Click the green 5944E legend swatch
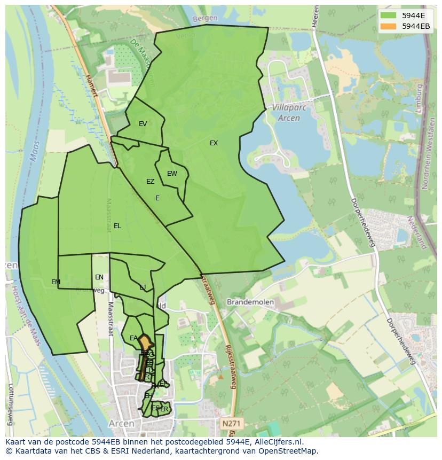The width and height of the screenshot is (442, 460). [x=389, y=15]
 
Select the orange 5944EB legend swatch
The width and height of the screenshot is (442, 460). [x=389, y=26]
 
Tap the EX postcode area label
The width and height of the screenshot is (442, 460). [x=214, y=143]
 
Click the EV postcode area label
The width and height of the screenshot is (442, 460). [x=143, y=124]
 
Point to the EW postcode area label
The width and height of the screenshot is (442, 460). [x=172, y=174]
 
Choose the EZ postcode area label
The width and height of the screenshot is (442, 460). [x=150, y=182]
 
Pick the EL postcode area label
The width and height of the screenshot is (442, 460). [x=117, y=226]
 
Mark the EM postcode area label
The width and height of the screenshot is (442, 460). [x=56, y=282]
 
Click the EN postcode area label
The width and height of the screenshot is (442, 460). [x=99, y=277]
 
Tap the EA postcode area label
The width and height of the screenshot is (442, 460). [x=133, y=338]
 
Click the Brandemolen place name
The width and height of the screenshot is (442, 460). [x=250, y=302]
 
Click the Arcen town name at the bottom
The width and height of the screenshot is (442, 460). [x=121, y=424]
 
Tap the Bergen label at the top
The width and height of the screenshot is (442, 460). [x=206, y=18]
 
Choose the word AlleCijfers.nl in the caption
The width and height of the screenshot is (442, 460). [x=278, y=442]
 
